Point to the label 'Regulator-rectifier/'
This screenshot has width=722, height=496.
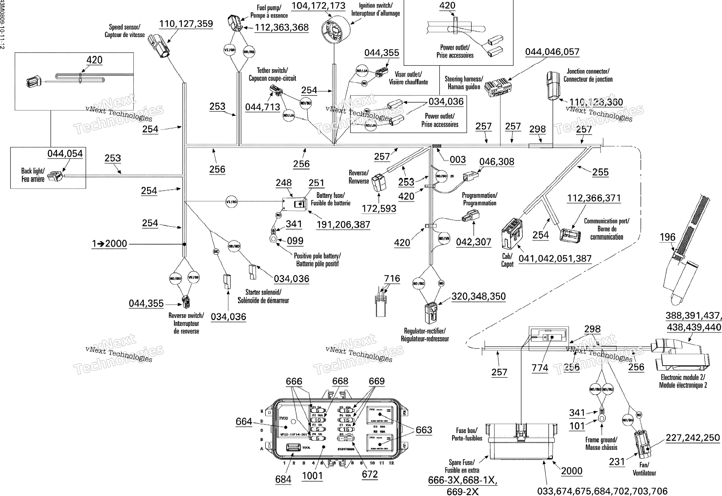pos(425,331)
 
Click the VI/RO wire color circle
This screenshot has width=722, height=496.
pos(231,202)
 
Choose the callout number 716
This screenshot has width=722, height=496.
pos(392,278)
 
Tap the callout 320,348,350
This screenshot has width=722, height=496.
pos(478,296)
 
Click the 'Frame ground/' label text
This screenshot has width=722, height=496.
pos(601,440)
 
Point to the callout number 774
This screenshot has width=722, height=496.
pos(540,368)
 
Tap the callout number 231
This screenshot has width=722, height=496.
pos(617,462)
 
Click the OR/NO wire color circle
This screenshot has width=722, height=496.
pos(234,246)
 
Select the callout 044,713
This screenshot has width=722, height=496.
pos(263,107)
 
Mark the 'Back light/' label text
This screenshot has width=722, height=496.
pos(33,171)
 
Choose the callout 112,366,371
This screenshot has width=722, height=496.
pos(594,198)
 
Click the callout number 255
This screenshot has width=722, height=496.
pos(600,172)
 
